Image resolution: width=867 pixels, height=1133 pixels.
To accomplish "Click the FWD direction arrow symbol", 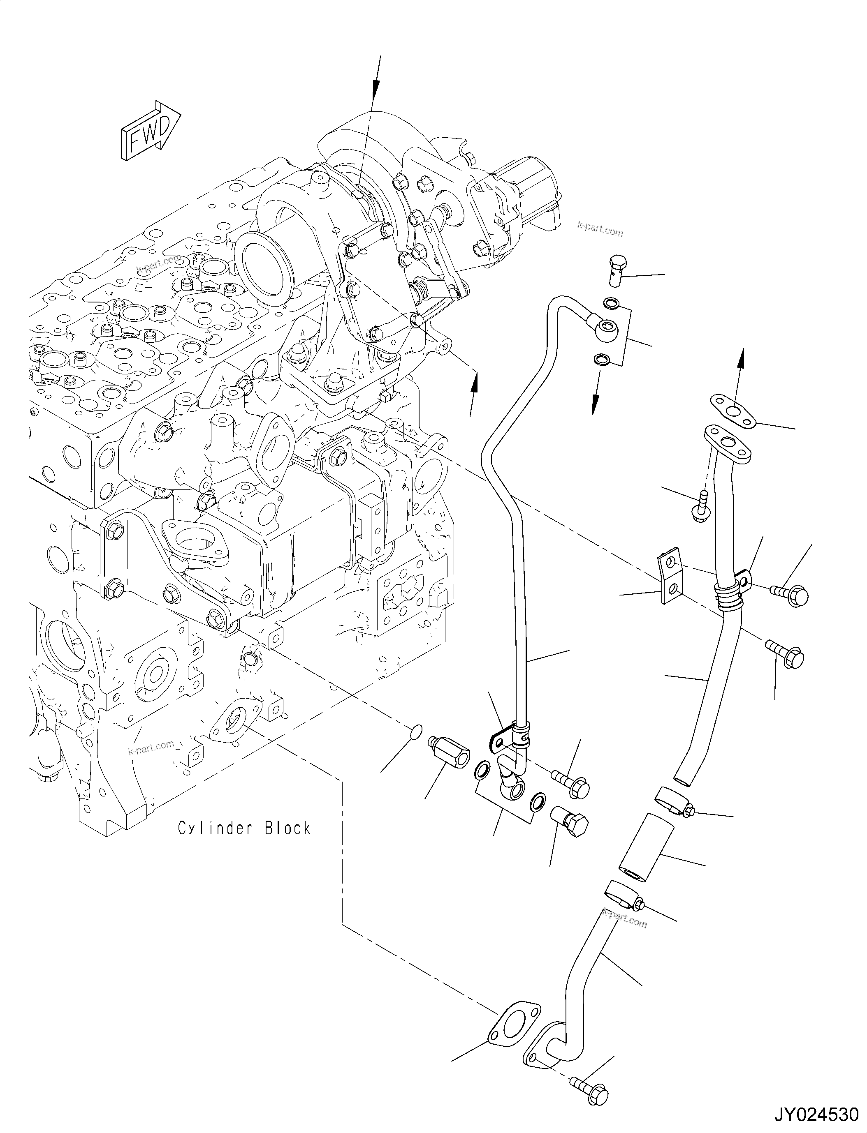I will [150, 129].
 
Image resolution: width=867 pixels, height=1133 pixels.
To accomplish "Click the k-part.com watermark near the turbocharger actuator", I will [600, 228].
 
